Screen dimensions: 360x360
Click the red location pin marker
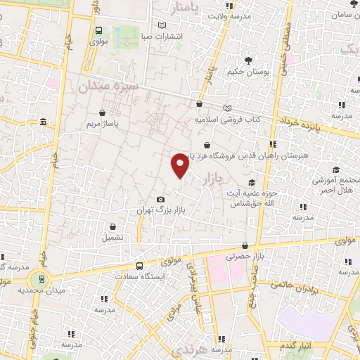[180, 165]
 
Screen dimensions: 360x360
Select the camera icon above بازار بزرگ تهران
[160, 200]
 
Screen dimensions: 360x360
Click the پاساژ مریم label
[103, 123]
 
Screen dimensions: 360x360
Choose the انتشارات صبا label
[162, 36]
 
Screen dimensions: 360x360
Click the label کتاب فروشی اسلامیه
[227, 119]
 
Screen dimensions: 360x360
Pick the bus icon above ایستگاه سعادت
[139, 266]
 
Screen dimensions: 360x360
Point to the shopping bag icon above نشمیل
[112, 225]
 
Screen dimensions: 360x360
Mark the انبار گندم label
[296, 347]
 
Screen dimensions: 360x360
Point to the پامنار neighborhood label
[191, 7]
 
